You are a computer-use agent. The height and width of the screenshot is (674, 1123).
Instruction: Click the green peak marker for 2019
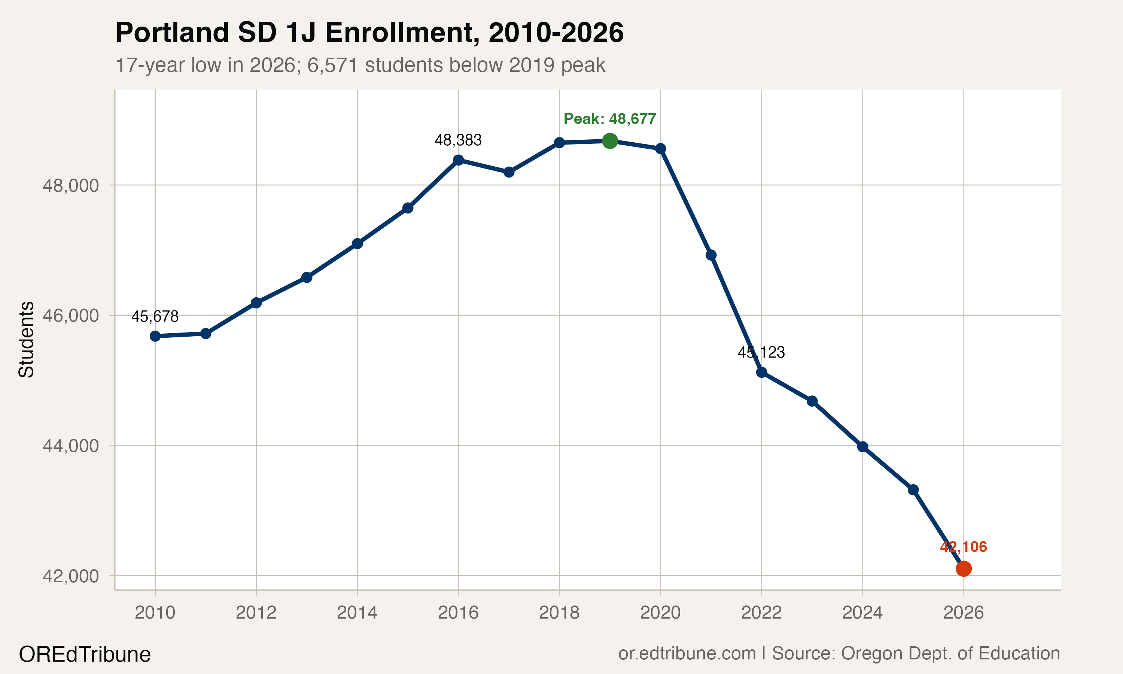click(610, 141)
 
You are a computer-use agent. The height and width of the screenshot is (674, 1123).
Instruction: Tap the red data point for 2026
click(963, 568)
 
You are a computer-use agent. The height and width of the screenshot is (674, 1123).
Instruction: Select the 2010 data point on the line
click(155, 336)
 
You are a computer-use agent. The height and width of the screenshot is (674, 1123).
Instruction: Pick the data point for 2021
click(711, 255)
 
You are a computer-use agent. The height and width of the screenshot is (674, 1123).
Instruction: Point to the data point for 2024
click(862, 447)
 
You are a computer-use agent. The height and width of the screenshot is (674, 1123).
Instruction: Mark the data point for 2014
click(357, 244)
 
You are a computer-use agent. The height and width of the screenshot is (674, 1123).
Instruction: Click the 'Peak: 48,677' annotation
click(610, 119)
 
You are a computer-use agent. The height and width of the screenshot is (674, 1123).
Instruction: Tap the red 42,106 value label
click(963, 547)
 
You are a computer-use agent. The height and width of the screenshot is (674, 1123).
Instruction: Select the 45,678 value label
click(155, 316)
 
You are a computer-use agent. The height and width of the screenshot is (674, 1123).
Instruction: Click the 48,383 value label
click(458, 140)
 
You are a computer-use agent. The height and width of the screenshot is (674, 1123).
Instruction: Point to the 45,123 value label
click(761, 352)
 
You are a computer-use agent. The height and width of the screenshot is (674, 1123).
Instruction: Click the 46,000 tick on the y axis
click(70, 315)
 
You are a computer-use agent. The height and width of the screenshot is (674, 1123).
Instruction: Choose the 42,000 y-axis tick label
click(70, 576)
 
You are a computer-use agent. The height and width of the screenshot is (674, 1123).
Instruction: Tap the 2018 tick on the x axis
click(559, 613)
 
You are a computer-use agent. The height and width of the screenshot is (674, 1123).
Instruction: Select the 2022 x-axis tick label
click(761, 613)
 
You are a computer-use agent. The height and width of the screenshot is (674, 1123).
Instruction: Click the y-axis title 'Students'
click(26, 339)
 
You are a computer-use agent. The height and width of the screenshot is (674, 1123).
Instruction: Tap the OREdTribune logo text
click(85, 655)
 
